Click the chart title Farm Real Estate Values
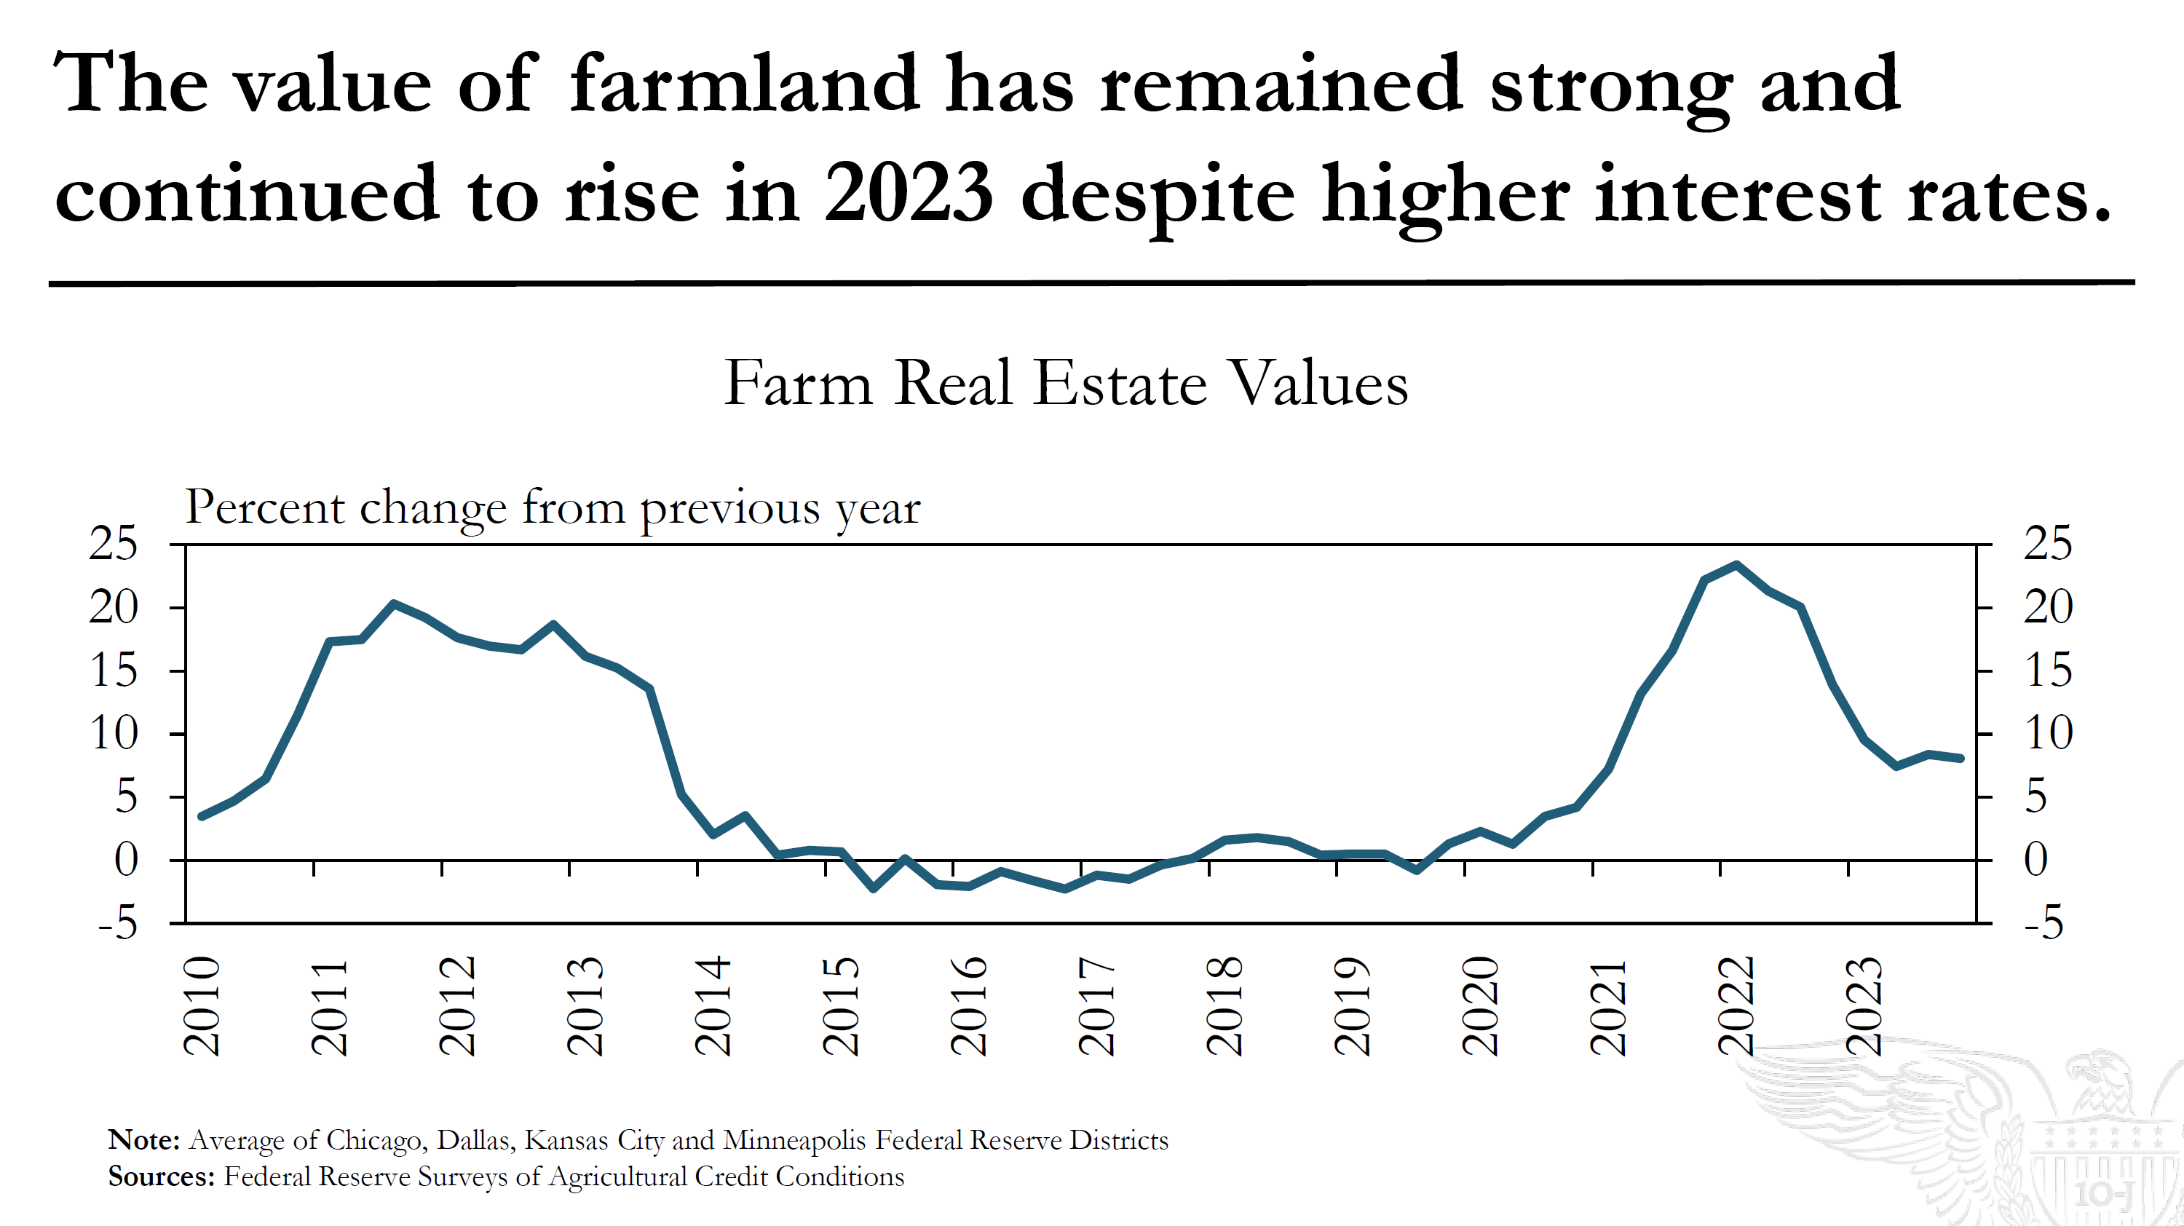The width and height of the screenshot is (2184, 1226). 1066,383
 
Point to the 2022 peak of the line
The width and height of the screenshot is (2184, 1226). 1736,565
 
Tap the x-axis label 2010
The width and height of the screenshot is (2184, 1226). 202,1005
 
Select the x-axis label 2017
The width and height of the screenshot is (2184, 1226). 1096,1005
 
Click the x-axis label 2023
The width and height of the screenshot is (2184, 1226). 1864,1005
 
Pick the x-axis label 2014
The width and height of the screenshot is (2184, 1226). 713,1005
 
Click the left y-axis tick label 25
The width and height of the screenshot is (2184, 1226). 113,544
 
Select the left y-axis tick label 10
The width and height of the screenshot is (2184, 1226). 113,733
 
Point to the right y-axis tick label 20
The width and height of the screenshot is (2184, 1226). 2047,607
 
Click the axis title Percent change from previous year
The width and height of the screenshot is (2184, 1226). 552,508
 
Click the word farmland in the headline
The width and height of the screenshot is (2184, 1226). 743,84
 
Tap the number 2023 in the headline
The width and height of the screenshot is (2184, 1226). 908,194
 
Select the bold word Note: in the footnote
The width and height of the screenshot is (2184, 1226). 143,1139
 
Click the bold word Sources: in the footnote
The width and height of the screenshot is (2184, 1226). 161,1176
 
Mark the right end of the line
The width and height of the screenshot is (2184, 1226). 1961,758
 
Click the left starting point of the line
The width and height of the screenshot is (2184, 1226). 202,815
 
